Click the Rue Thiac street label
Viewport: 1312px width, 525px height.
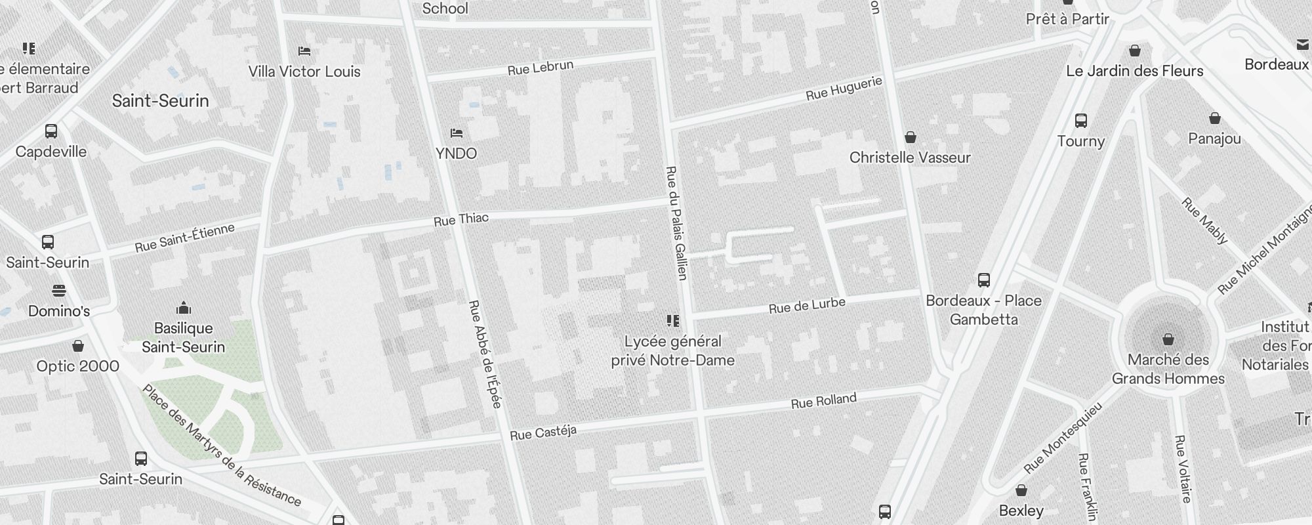click(x=461, y=219)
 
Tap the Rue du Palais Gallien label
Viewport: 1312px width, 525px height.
click(x=676, y=223)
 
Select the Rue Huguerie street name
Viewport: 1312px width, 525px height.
click(x=844, y=89)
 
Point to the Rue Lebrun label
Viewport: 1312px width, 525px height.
click(x=541, y=68)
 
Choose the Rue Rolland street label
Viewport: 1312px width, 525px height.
click(x=824, y=401)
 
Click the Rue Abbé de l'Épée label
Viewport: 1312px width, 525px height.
click(x=485, y=354)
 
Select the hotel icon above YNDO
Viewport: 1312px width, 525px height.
click(x=457, y=133)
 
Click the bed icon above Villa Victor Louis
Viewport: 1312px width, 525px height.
click(x=304, y=51)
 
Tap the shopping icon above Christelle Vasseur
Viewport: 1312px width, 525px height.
click(x=910, y=137)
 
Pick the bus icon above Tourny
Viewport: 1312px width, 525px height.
click(x=1081, y=121)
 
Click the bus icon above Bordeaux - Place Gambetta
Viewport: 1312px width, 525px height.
click(x=984, y=280)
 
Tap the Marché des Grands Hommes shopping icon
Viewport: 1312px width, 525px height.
click(x=1168, y=339)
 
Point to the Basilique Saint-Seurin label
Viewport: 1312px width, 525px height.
click(x=184, y=337)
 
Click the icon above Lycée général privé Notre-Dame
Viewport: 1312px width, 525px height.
click(x=673, y=321)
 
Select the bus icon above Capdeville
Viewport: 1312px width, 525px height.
click(x=51, y=131)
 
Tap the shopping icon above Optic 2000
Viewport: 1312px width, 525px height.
click(x=78, y=346)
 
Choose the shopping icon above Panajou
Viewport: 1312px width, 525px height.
click(x=1215, y=119)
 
